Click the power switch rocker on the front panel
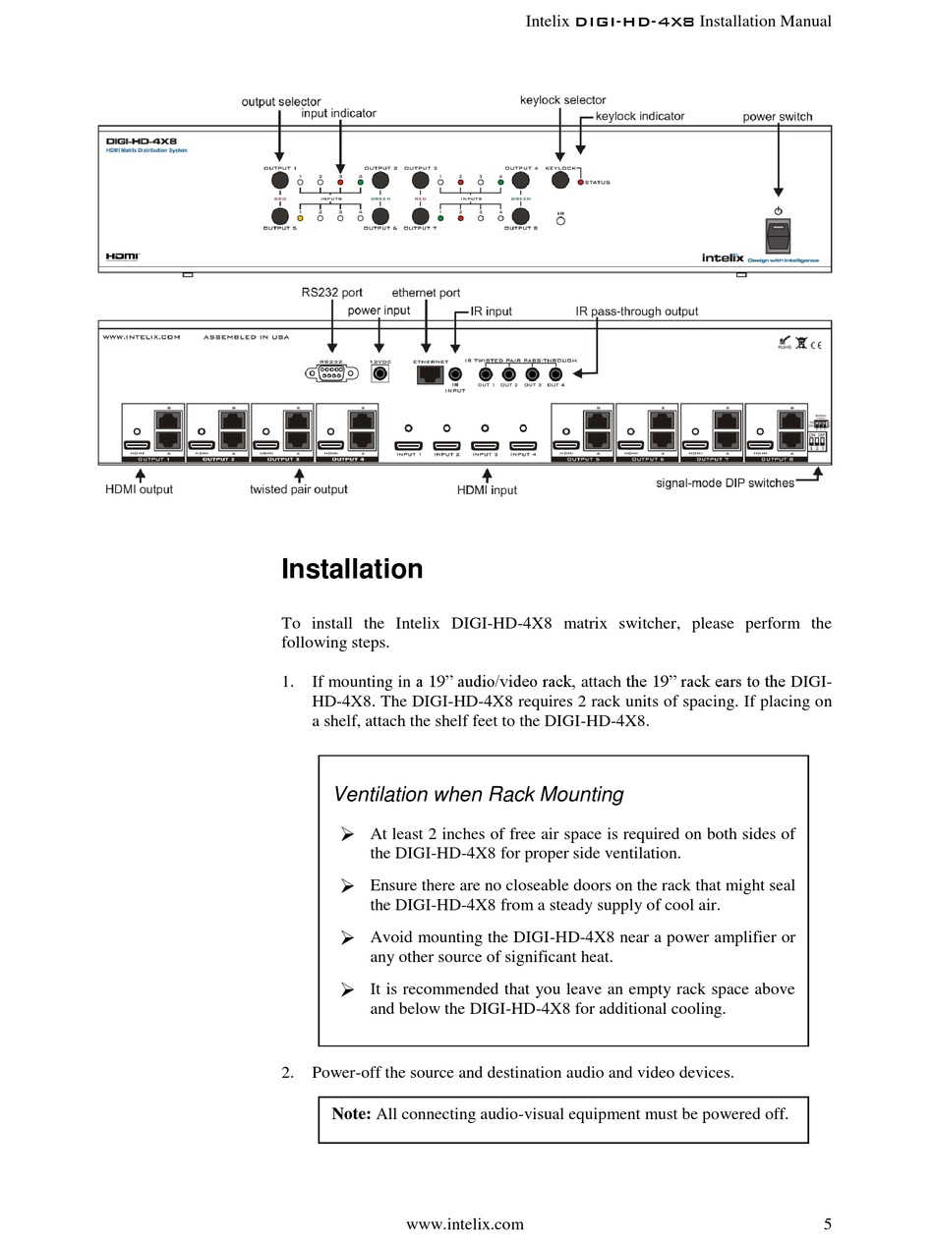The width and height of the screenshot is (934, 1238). (778, 236)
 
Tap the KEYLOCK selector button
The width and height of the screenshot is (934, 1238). (561, 181)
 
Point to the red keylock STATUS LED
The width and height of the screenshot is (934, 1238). (580, 183)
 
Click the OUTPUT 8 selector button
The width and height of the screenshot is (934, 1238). (521, 216)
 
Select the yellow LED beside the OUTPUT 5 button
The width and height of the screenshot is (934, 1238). (300, 217)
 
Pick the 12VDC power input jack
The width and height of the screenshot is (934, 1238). (379, 373)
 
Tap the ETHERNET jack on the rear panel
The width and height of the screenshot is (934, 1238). (430, 373)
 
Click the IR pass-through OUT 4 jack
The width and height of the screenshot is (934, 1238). (555, 373)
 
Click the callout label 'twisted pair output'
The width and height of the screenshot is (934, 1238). (298, 489)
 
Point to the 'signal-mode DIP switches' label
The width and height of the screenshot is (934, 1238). (725, 482)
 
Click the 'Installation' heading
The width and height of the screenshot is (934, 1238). (352, 570)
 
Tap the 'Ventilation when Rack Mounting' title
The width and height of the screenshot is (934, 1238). (479, 794)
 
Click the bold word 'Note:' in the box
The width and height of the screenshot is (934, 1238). (351, 1113)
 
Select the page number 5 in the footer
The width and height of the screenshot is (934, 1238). (827, 1223)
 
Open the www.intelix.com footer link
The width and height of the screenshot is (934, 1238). (465, 1223)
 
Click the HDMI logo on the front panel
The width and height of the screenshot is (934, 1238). (123, 255)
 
